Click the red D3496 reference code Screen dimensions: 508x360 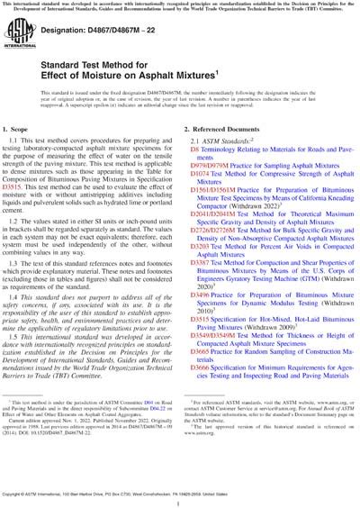201,341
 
